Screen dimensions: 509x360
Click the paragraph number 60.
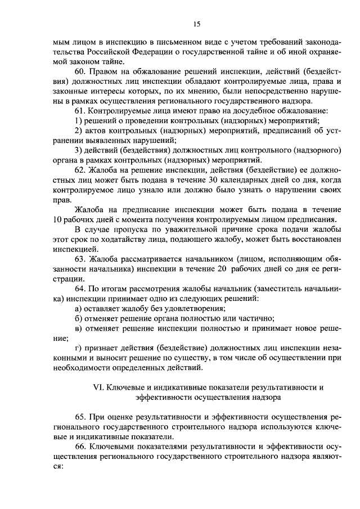pyautogui.click(x=79, y=73)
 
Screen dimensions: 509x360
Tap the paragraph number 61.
pyautogui.click(x=79, y=111)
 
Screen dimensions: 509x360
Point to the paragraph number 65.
pyautogui.click(x=79, y=416)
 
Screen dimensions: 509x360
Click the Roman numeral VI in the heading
pyautogui.click(x=97, y=388)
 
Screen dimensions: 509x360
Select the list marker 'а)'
pyautogui.click(x=79, y=309)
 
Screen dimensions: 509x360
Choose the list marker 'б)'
pyautogui.click(x=79, y=318)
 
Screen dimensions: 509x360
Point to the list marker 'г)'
pyautogui.click(x=78, y=349)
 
